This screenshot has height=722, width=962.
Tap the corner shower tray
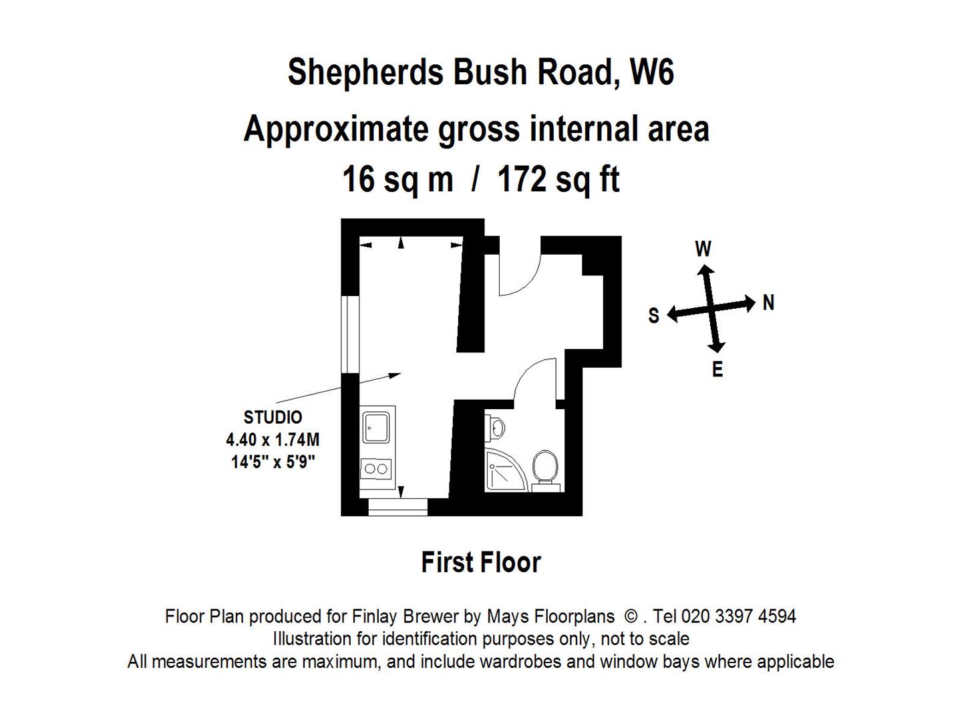click(x=503, y=469)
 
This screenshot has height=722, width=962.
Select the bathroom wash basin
click(x=496, y=427)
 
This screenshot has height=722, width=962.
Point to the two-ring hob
click(x=376, y=469)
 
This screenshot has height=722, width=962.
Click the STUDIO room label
click(x=273, y=417)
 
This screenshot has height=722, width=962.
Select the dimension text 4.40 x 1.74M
click(x=273, y=439)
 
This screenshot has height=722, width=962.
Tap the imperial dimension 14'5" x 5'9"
click(x=273, y=461)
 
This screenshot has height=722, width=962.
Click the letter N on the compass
click(x=768, y=302)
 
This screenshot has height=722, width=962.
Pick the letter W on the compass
click(x=703, y=249)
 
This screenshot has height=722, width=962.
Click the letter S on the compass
click(x=653, y=315)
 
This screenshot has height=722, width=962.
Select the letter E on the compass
click(x=717, y=369)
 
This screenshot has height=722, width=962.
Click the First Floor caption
click(x=481, y=562)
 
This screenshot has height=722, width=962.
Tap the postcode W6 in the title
click(x=651, y=72)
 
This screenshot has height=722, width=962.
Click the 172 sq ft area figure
click(x=558, y=180)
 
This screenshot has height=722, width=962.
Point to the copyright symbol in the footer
click(x=631, y=616)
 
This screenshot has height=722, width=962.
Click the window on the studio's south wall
click(x=350, y=334)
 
